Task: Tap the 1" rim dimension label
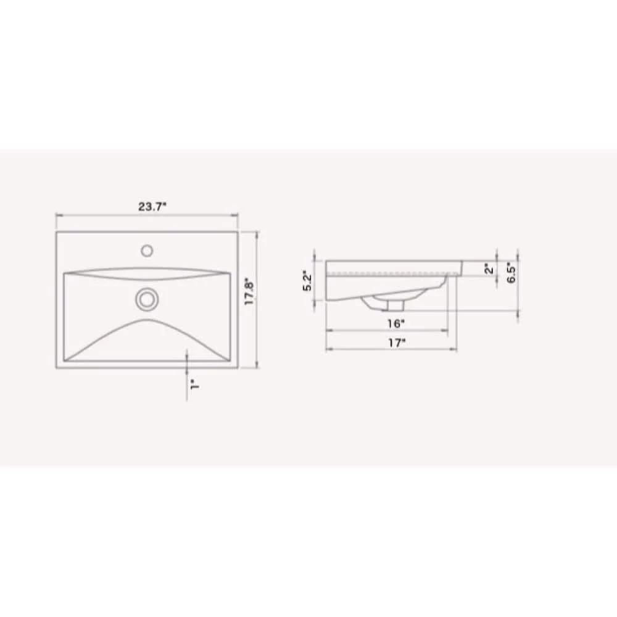coord(193,384)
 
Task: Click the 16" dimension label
coord(395,323)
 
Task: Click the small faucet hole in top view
coord(147,251)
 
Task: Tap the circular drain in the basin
coord(146,299)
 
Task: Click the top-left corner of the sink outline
coord(57,232)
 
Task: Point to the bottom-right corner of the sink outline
coord(238,369)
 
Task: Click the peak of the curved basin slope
coord(146,320)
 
